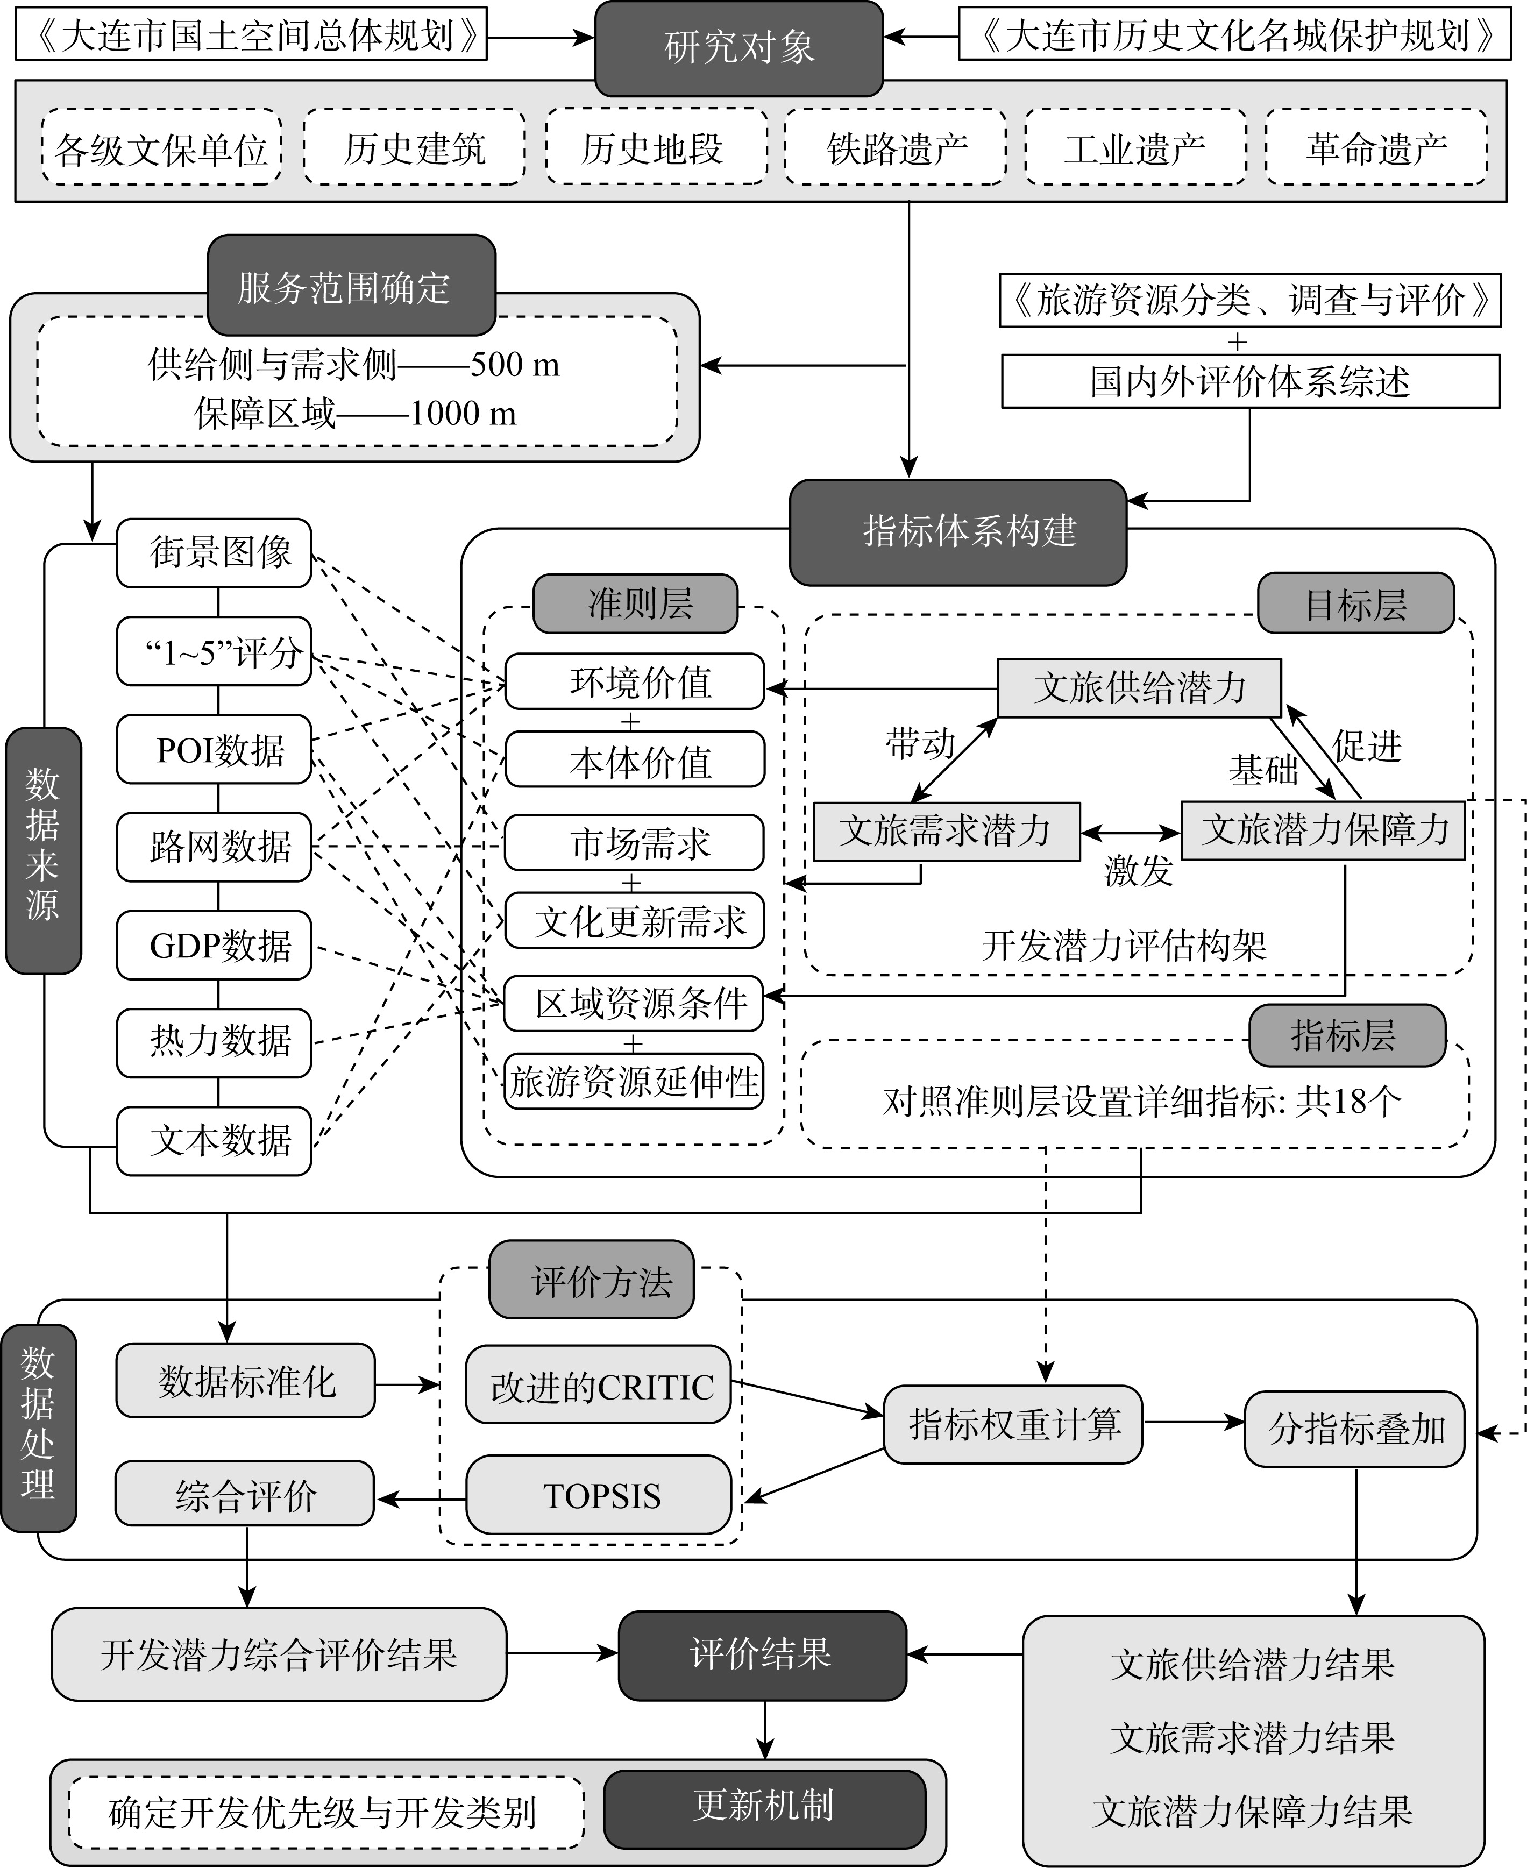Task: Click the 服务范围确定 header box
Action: point(352,286)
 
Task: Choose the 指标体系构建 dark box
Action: point(958,531)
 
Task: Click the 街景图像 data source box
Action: point(214,553)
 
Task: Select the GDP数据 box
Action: point(214,946)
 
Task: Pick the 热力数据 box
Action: point(214,1043)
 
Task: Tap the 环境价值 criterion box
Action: point(634,681)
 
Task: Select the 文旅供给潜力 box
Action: point(1139,688)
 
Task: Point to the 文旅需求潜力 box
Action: point(947,831)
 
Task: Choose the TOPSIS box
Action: point(598,1496)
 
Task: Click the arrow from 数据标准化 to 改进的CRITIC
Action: point(407,1385)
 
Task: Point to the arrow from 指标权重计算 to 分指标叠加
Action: point(1194,1422)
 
